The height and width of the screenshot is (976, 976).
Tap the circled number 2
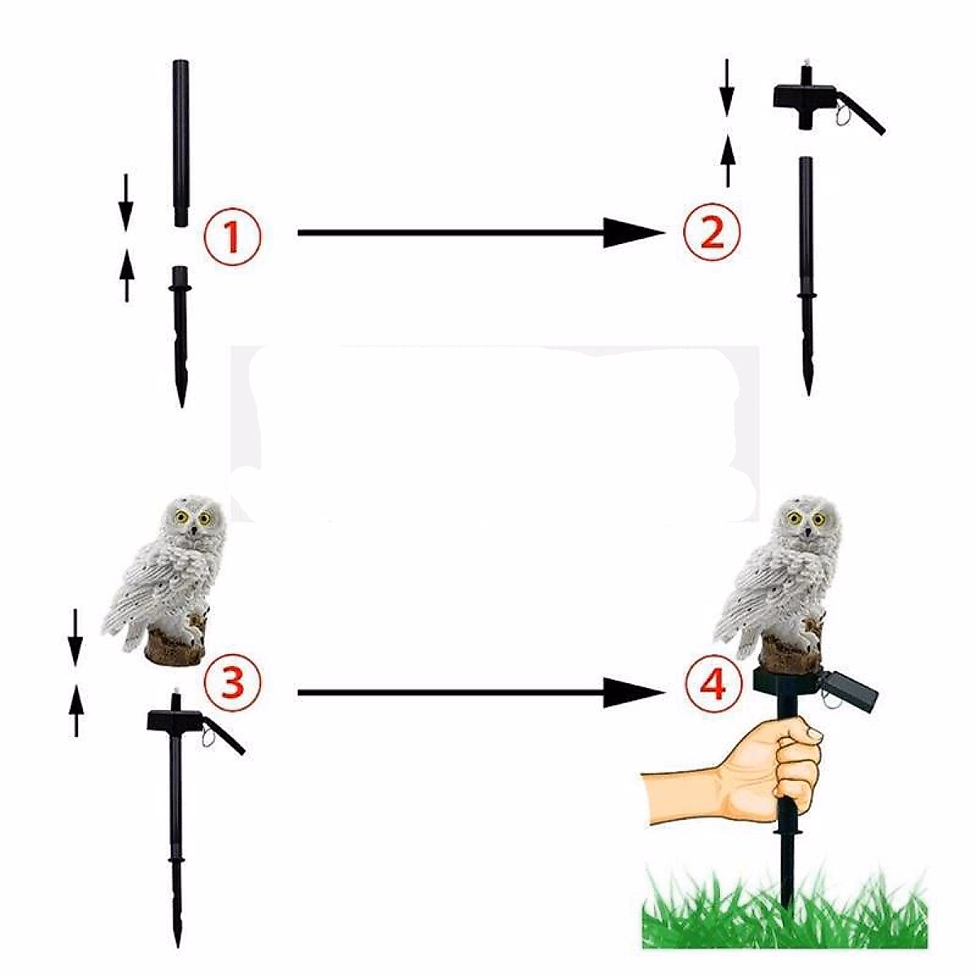click(712, 234)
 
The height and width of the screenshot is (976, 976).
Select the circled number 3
click(233, 682)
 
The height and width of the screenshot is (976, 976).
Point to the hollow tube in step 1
click(181, 142)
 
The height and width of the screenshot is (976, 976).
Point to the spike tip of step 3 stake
click(176, 927)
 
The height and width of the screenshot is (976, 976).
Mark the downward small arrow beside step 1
click(125, 199)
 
